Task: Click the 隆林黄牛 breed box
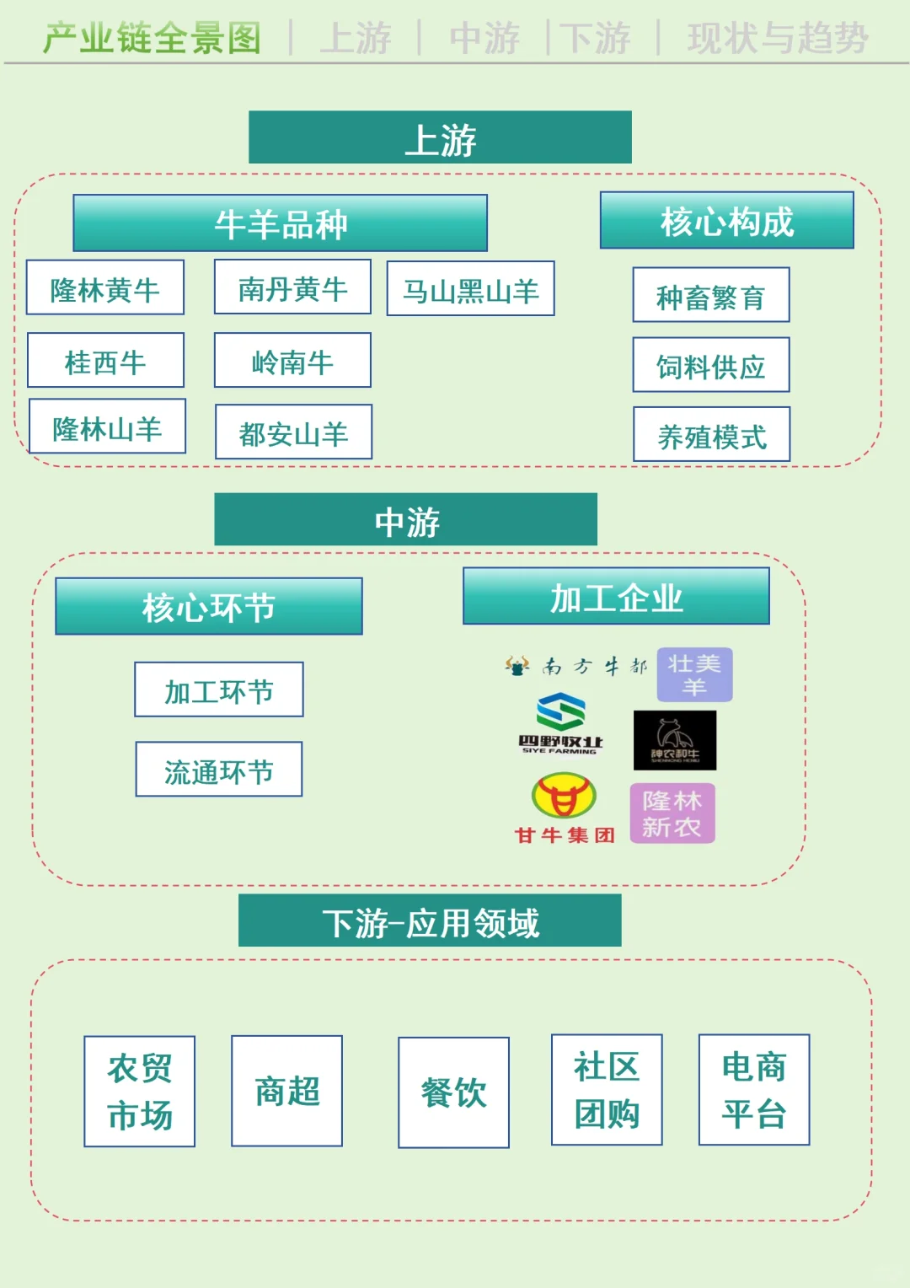[x=105, y=287]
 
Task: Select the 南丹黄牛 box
[x=292, y=287]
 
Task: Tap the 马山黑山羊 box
[x=470, y=289]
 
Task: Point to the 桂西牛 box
[x=105, y=360]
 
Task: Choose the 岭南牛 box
[x=292, y=360]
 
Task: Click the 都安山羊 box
[x=293, y=432]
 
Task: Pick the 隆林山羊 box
[x=107, y=427]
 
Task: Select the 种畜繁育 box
[x=711, y=295]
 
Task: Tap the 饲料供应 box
[x=711, y=365]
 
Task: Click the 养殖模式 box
[x=712, y=435]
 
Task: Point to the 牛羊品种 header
[x=281, y=223]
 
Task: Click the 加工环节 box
[x=219, y=690]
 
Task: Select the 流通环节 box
[x=219, y=770]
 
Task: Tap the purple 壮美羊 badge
[x=694, y=674]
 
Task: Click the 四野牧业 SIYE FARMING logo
[x=561, y=723]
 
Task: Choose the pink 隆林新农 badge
[x=672, y=813]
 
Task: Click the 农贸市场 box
[x=140, y=1092]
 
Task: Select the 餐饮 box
[x=453, y=1092]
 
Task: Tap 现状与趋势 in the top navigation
[x=777, y=38]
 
